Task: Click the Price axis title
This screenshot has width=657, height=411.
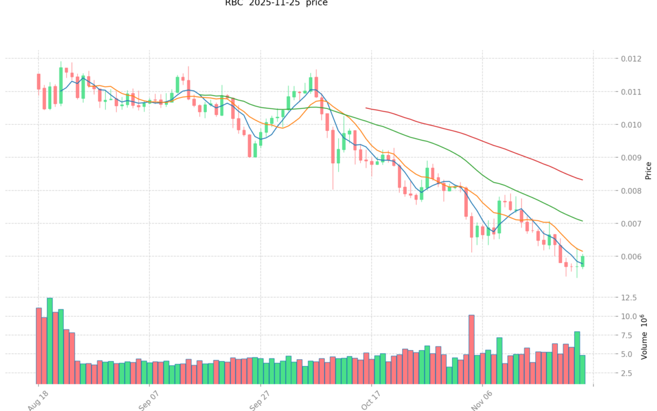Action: click(x=648, y=170)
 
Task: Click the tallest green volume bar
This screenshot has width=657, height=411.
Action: click(x=50, y=341)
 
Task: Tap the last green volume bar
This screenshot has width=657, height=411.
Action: click(x=582, y=369)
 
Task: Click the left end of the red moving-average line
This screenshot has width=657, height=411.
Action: click(x=366, y=108)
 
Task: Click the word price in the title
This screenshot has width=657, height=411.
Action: click(x=316, y=3)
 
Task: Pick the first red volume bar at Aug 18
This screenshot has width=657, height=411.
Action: click(x=38, y=345)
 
